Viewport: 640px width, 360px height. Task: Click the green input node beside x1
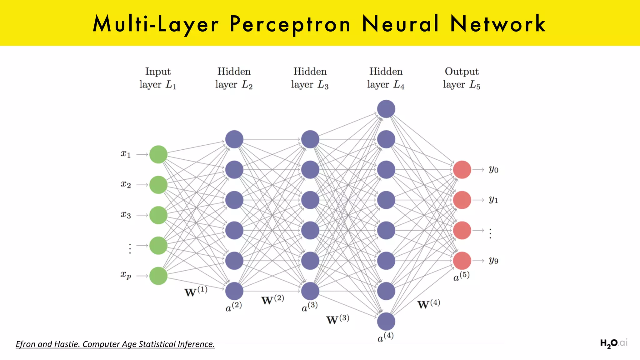pyautogui.click(x=158, y=154)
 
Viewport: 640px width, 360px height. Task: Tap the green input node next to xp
pyautogui.click(x=158, y=276)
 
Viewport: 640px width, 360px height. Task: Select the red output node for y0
pyautogui.click(x=462, y=170)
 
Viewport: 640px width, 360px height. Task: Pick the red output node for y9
pyautogui.click(x=462, y=261)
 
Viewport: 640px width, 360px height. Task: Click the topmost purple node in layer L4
pyautogui.click(x=386, y=109)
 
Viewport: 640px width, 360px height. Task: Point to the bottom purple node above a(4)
pyautogui.click(x=386, y=321)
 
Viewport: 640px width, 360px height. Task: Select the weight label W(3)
pyautogui.click(x=337, y=319)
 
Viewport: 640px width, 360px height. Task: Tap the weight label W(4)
pyautogui.click(x=429, y=304)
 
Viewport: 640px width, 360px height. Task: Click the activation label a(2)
pyautogui.click(x=234, y=307)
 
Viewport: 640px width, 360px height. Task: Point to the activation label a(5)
pyautogui.click(x=462, y=277)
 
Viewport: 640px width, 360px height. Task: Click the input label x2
pyautogui.click(x=126, y=184)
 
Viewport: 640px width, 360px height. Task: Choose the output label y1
pyautogui.click(x=493, y=200)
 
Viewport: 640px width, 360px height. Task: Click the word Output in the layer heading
pyautogui.click(x=462, y=72)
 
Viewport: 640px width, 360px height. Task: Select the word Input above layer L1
pyautogui.click(x=158, y=72)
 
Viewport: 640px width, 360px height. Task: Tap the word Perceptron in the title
pyautogui.click(x=290, y=24)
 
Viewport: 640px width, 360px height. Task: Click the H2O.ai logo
pyautogui.click(x=613, y=343)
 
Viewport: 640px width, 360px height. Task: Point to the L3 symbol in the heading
pyautogui.click(x=323, y=85)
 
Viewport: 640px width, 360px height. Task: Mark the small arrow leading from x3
pyautogui.click(x=142, y=215)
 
